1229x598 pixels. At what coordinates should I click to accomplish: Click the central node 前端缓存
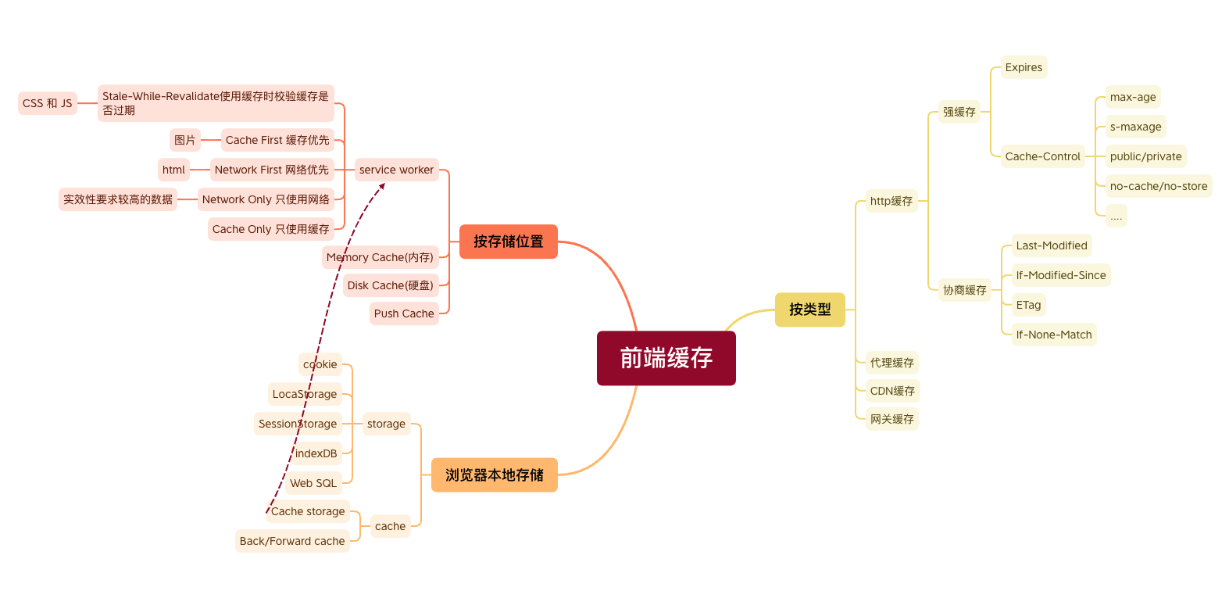tap(666, 358)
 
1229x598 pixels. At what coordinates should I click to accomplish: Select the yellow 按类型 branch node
tap(809, 310)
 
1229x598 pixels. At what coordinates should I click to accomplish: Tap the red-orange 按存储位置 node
tap(508, 242)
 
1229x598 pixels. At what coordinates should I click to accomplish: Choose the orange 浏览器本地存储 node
tap(494, 475)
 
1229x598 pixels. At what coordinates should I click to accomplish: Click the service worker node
tap(396, 170)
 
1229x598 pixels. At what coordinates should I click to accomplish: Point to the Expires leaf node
tap(1024, 67)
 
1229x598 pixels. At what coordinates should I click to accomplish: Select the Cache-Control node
tap(1042, 156)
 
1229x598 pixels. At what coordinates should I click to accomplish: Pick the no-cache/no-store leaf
tap(1158, 186)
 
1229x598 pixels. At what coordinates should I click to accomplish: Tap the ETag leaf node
tap(1028, 305)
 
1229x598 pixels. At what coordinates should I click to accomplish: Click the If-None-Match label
tap(1053, 335)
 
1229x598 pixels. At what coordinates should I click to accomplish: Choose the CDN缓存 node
tap(892, 391)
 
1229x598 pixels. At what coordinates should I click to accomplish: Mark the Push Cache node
tap(403, 313)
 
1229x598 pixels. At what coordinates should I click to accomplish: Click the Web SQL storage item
tap(313, 483)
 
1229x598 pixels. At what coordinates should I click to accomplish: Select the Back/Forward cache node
tap(292, 541)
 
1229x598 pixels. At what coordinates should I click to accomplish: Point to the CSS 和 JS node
tap(47, 103)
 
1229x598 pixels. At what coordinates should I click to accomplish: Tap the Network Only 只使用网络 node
tap(266, 199)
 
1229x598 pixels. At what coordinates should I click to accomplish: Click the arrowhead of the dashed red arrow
tap(382, 186)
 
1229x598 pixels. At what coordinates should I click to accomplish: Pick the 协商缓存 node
tap(964, 290)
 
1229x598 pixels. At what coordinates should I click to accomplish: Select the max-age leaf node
tap(1132, 97)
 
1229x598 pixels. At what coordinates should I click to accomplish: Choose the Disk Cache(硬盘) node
tap(390, 285)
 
